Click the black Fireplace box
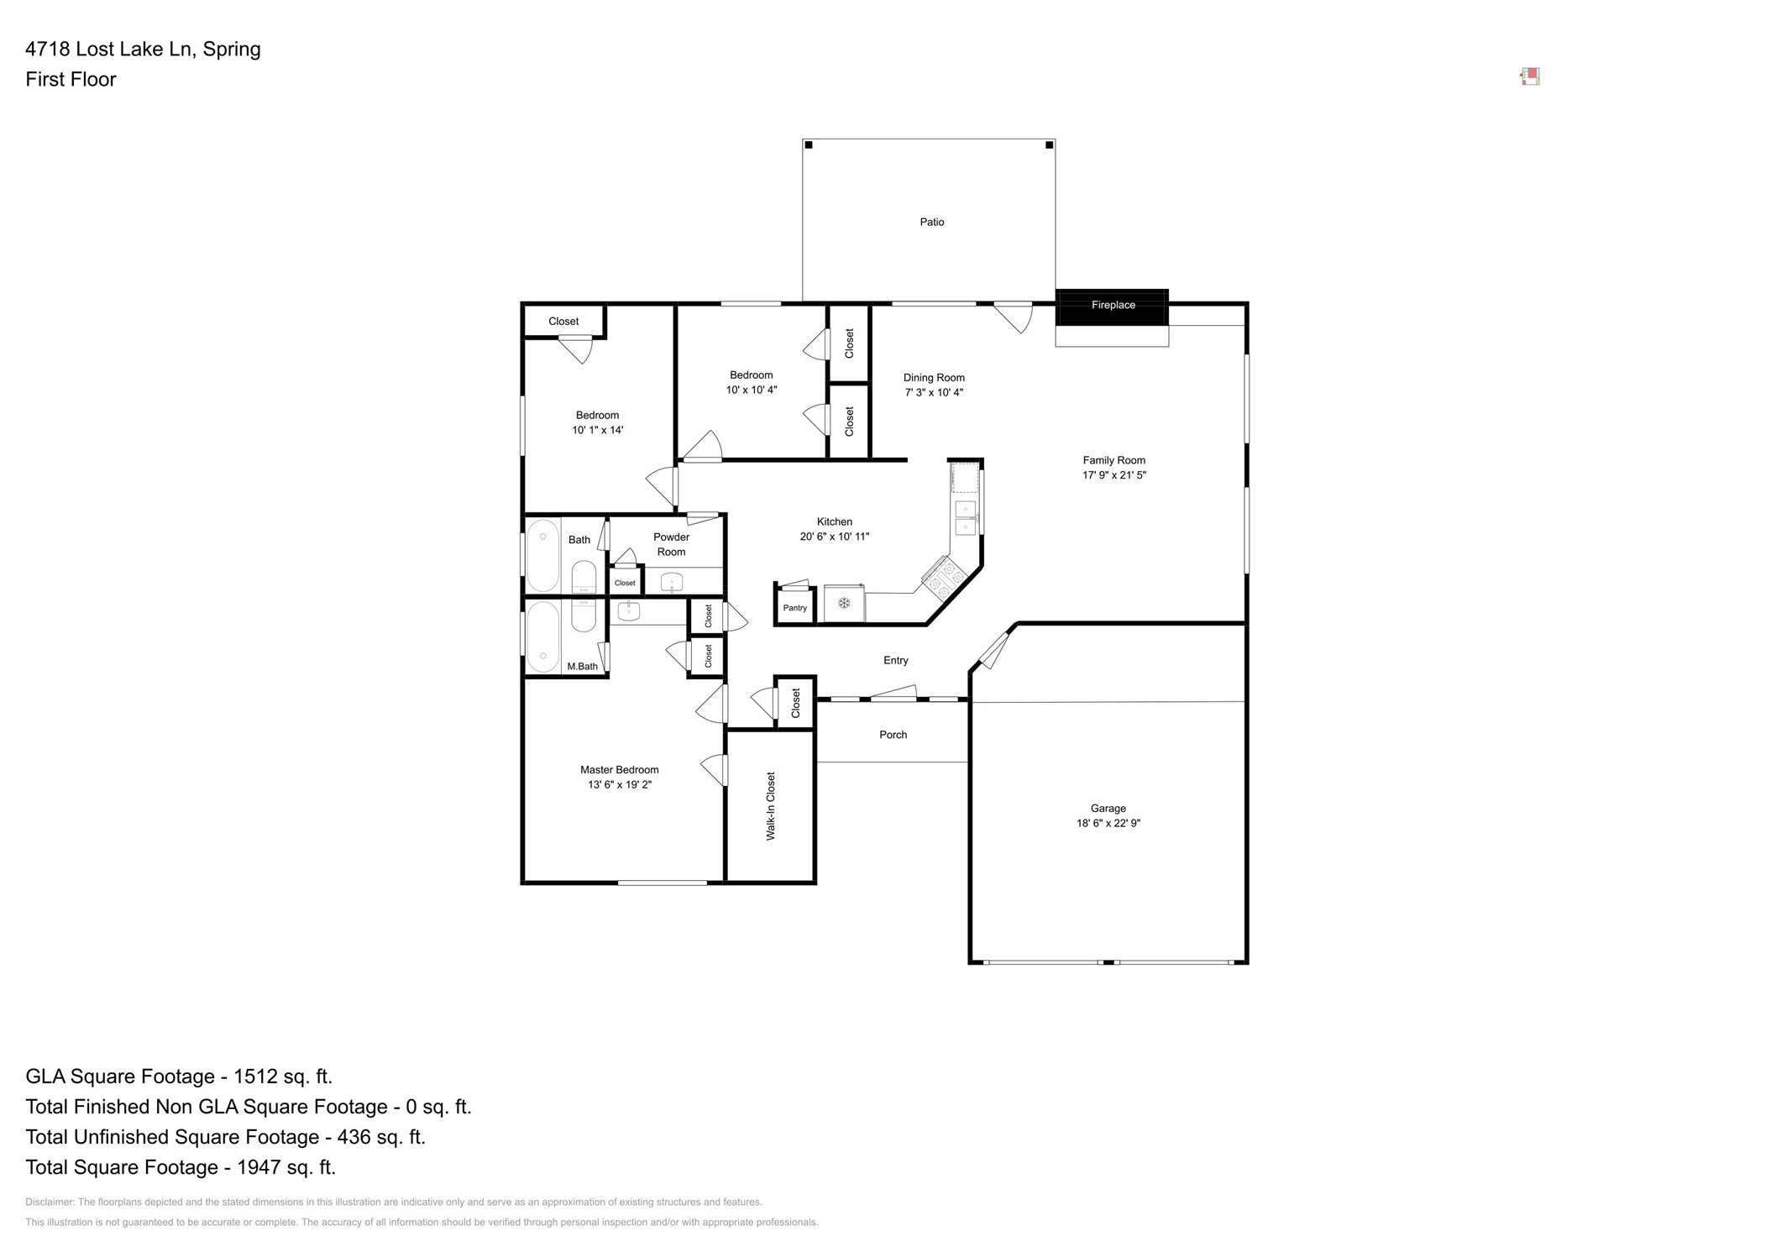click(1111, 306)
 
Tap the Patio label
click(931, 223)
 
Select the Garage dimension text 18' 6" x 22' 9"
click(1108, 824)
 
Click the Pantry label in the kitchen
click(794, 608)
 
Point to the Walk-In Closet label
click(770, 806)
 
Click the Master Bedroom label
click(619, 770)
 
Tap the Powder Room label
click(671, 544)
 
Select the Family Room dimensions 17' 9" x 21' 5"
click(1113, 475)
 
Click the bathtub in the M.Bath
click(543, 636)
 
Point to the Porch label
click(893, 735)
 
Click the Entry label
click(895, 661)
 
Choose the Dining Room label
click(934, 378)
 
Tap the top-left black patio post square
click(809, 145)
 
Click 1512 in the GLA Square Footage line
click(254, 1077)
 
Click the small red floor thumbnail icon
click(1530, 77)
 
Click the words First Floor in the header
click(71, 80)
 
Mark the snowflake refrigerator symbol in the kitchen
click(844, 603)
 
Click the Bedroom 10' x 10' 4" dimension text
click(751, 390)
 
